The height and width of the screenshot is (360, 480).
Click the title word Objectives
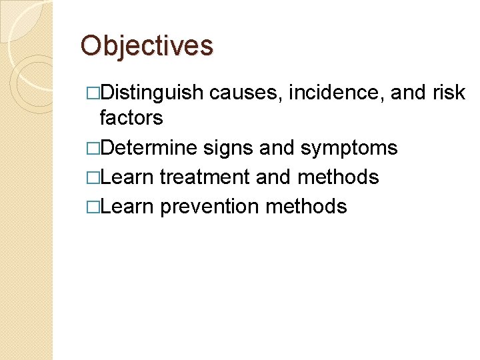click(x=147, y=46)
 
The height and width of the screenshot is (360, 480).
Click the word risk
click(x=449, y=93)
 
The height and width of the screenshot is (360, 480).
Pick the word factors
click(x=131, y=118)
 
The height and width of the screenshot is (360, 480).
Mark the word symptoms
click(x=349, y=147)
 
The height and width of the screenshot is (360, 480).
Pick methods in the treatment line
click(x=338, y=177)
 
